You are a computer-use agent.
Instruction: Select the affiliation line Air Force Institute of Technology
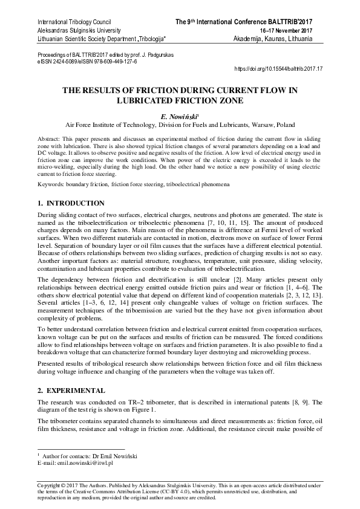coord(180,125)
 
